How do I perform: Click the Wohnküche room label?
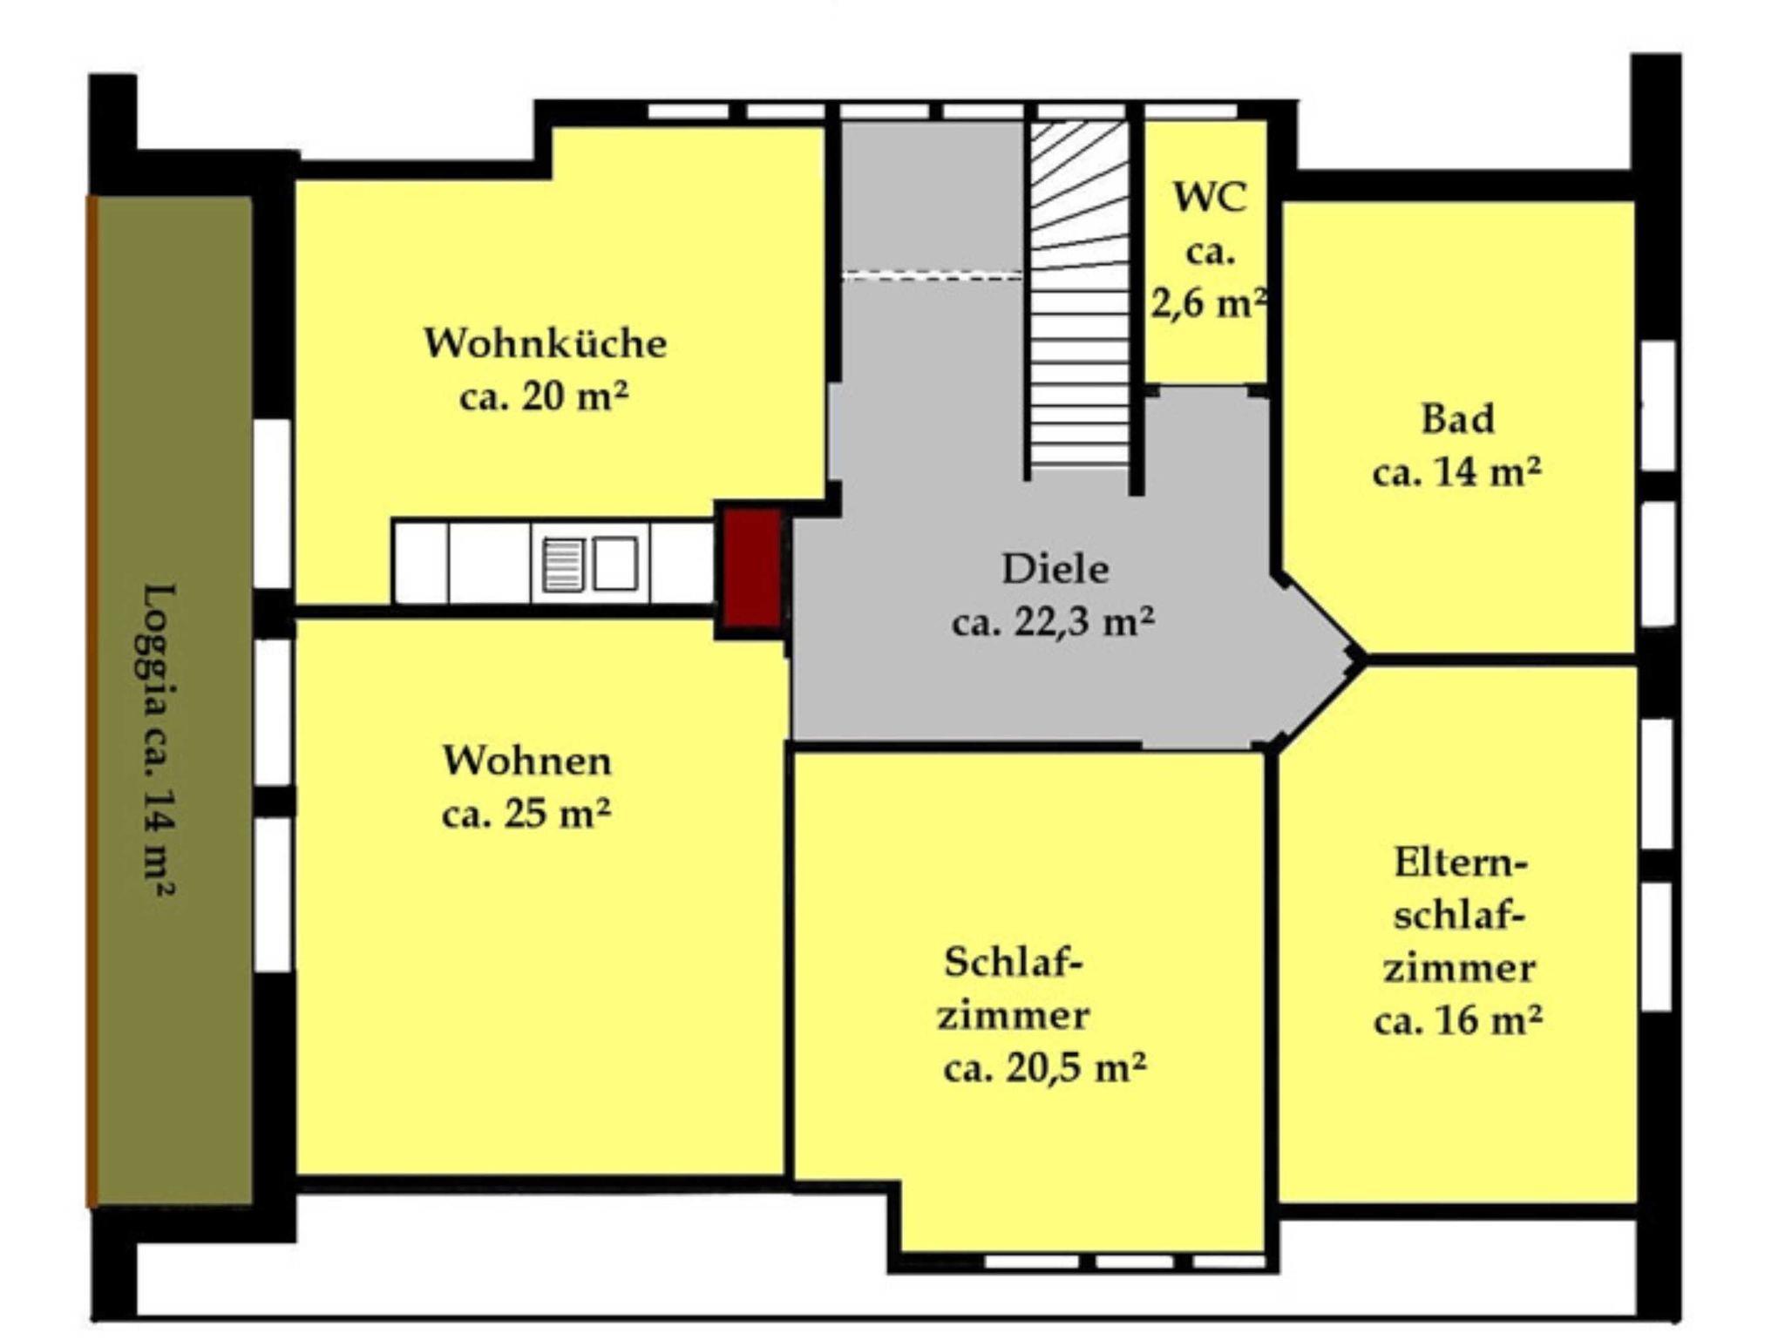tap(545, 342)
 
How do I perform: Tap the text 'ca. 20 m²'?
tap(544, 396)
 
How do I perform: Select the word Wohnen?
tap(527, 761)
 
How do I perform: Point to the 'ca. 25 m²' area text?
tap(526, 814)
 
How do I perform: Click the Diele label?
tap(1055, 569)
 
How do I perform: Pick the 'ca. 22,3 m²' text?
tap(1054, 622)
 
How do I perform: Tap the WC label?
tap(1210, 197)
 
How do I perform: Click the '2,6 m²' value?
tap(1209, 303)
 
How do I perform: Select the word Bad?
tap(1458, 418)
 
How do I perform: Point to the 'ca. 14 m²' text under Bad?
tap(1457, 471)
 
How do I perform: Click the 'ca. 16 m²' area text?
tap(1458, 1019)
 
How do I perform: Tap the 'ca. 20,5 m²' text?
tap(1045, 1067)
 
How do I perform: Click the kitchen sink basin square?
tap(615, 564)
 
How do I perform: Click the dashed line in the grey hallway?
tap(932, 276)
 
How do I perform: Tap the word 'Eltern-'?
tap(1461, 863)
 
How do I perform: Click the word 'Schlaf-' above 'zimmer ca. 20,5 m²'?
tap(1013, 962)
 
